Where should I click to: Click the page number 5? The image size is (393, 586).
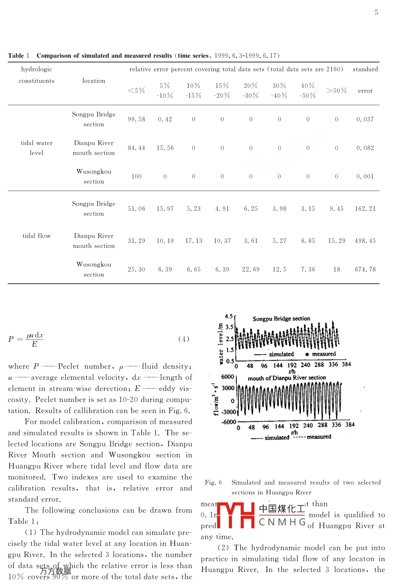pos(376,13)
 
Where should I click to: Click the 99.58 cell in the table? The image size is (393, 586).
pos(136,119)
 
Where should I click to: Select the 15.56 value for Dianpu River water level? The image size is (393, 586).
pos(165,148)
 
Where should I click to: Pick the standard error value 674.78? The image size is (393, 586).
pos(365,269)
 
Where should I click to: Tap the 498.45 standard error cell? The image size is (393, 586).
pos(365,241)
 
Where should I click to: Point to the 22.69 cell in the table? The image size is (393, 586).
pos(251,269)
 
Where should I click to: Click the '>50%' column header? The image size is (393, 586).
pos(337,91)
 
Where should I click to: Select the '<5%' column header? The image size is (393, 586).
pos(136,91)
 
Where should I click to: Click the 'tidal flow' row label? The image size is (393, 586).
pos(37,236)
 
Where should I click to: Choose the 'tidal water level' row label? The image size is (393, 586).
pos(37,148)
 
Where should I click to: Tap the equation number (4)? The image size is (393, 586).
pos(184,339)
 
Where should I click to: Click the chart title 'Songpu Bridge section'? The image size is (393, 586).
pos(281,319)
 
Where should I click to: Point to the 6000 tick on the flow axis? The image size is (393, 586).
pos(228,377)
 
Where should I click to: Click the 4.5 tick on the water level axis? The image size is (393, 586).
pos(229,317)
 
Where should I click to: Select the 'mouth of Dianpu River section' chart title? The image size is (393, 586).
pos(286,378)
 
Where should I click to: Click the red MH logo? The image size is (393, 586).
pos(236,515)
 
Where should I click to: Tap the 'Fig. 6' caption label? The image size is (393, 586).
pos(213,483)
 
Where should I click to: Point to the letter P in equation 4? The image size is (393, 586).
pos(11,339)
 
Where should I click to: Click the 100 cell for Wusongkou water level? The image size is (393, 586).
pos(136,177)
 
